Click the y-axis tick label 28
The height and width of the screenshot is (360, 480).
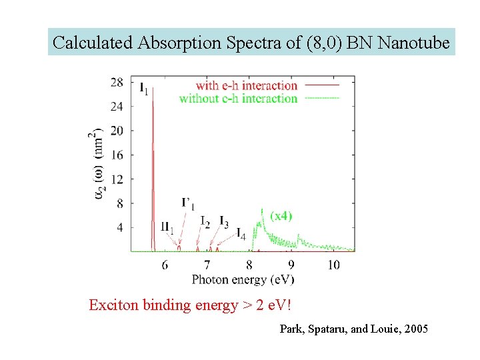pos(117,82)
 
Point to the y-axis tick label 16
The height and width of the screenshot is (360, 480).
pos(117,155)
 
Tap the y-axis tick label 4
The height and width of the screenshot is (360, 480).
pos(120,227)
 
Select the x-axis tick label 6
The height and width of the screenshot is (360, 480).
pos(165,265)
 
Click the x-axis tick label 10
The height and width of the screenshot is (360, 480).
pos(333,265)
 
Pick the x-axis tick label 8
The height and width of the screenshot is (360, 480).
pos(249,265)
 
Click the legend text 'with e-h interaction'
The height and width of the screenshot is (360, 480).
pos(246,85)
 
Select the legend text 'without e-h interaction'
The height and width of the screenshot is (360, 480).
pos(238,99)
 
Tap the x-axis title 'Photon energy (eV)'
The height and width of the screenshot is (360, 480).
pos(243,279)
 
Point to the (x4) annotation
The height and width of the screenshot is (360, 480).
pos(281,215)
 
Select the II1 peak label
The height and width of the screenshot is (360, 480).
pos(167,227)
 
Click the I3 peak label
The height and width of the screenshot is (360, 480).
pos(224,223)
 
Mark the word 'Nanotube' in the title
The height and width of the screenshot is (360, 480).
pos(413,43)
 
